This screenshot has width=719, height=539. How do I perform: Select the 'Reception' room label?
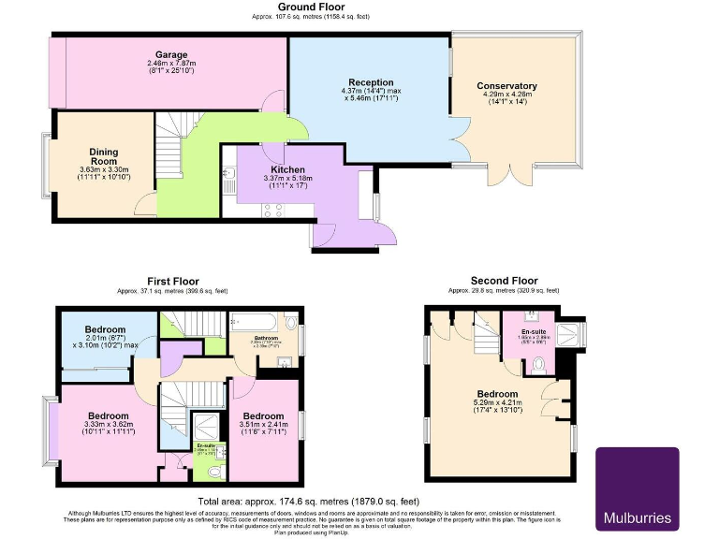pos(372,82)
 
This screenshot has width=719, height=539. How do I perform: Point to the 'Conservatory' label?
pos(506,86)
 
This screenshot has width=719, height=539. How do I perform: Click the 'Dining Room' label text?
pos(104,156)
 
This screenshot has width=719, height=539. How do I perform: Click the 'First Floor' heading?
pos(172,281)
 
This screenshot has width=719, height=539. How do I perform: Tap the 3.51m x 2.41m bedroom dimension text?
pos(264,429)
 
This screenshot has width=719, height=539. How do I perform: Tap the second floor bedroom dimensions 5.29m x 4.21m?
pos(496,406)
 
